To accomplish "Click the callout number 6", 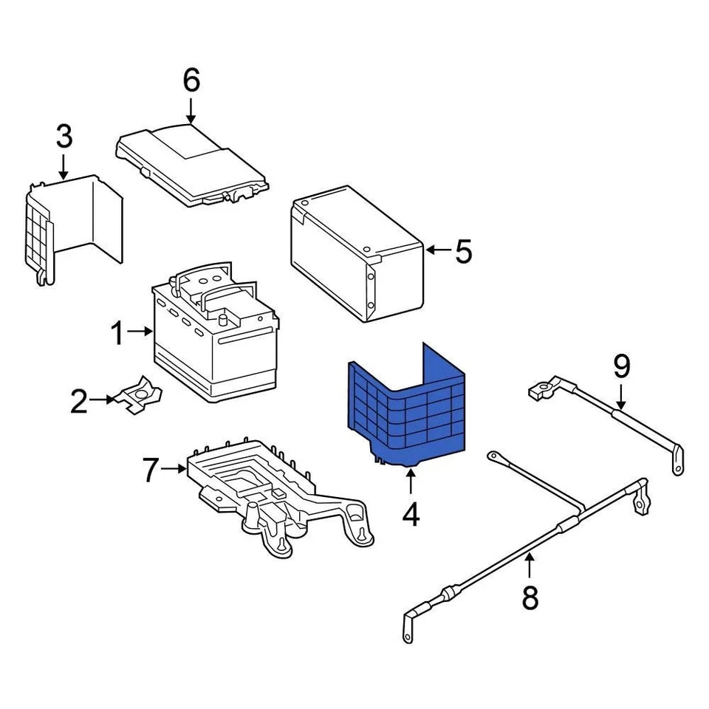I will [191, 81].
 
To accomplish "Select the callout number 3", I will [64, 137].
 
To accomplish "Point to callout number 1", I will [117, 333].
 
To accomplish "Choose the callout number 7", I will [151, 469].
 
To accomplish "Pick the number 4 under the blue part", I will [411, 514].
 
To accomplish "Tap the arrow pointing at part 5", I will [437, 251].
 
